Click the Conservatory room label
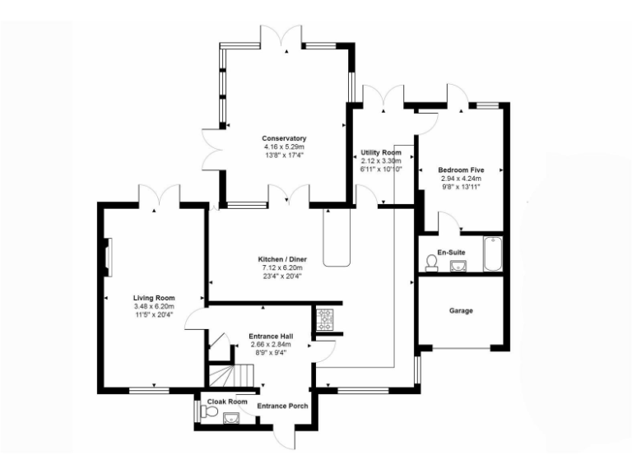pyautogui.click(x=284, y=138)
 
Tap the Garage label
pyautogui.click(x=460, y=311)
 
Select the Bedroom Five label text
pyautogui.click(x=460, y=170)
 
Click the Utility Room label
pyautogui.click(x=381, y=153)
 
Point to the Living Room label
pyautogui.click(x=154, y=298)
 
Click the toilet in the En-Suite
pyautogui.click(x=430, y=263)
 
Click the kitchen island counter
pyautogui.click(x=337, y=239)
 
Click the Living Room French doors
pyautogui.click(x=159, y=197)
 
